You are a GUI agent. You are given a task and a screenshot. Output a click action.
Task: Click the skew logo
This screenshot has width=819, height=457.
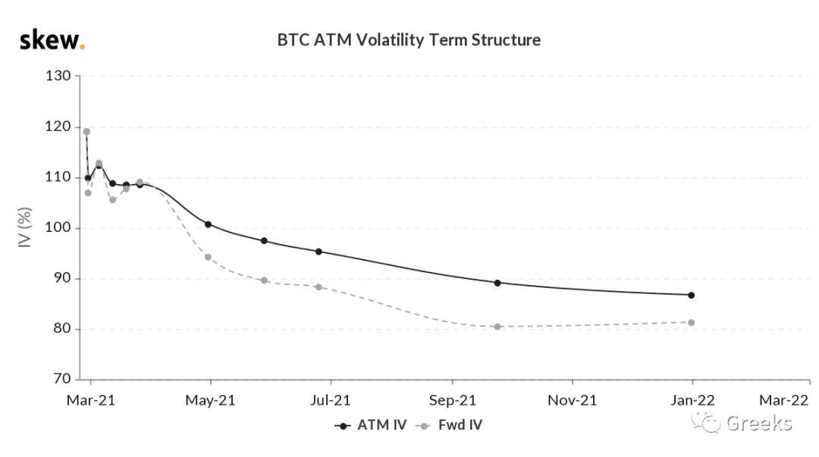pyautogui.click(x=52, y=40)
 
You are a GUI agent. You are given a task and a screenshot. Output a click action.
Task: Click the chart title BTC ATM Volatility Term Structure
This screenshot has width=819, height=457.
pyautogui.click(x=409, y=39)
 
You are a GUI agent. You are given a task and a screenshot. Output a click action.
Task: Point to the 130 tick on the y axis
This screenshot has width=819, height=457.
pyautogui.click(x=58, y=76)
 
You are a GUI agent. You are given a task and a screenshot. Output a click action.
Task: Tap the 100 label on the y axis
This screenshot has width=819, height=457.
pyautogui.click(x=58, y=227)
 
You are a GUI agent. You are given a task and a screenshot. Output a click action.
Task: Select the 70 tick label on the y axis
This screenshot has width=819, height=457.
pyautogui.click(x=61, y=379)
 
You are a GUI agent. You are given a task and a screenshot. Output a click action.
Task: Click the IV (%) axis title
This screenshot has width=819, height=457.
pyautogui.click(x=24, y=227)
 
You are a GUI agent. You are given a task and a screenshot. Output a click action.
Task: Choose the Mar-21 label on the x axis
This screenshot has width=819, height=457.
pyautogui.click(x=91, y=400)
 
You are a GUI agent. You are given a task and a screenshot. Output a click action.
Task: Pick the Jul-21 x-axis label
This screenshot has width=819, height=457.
pyautogui.click(x=330, y=400)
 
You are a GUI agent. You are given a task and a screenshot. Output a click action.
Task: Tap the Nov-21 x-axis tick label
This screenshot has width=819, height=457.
pyautogui.click(x=572, y=400)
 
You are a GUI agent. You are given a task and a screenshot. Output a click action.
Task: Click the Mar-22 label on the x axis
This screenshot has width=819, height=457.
pyautogui.click(x=783, y=400)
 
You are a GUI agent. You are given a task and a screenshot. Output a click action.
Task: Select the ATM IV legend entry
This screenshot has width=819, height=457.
pyautogui.click(x=371, y=425)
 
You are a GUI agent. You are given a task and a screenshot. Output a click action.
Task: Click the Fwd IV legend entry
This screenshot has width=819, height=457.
pyautogui.click(x=449, y=425)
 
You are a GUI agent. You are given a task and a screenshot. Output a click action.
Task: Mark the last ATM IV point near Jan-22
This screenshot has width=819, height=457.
pyautogui.click(x=692, y=295)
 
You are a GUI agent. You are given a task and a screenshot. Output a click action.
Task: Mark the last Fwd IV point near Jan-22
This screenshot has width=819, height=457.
pyautogui.click(x=692, y=322)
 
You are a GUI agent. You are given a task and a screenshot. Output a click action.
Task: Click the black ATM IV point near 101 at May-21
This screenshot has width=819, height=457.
pyautogui.click(x=208, y=224)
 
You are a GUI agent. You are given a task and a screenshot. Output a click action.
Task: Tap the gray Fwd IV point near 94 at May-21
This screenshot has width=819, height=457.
pyautogui.click(x=208, y=257)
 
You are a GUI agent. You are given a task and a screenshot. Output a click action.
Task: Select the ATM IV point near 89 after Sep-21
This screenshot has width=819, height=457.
pyautogui.click(x=497, y=283)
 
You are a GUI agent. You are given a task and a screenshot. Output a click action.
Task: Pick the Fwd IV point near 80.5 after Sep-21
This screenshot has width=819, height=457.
pyautogui.click(x=497, y=327)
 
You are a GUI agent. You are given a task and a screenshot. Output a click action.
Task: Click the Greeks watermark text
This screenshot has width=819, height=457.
pyautogui.click(x=759, y=423)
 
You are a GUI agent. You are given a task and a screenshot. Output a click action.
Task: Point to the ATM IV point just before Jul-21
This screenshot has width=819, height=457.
pyautogui.click(x=318, y=251)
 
